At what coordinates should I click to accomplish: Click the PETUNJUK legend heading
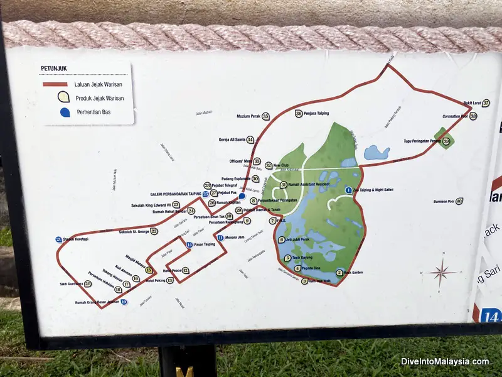pyautogui.click(x=54, y=68)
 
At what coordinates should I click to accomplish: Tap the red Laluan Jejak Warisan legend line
pyautogui.click(x=55, y=84)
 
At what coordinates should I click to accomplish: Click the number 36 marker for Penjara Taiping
pyautogui.click(x=299, y=114)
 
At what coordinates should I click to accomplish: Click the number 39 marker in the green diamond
pyautogui.click(x=446, y=141)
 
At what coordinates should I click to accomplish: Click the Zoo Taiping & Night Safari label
pyautogui.click(x=376, y=190)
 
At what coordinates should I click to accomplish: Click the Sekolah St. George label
pyautogui.click(x=134, y=231)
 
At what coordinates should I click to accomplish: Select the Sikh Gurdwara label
pyautogui.click(x=71, y=284)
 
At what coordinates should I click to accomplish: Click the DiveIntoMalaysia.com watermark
pyautogui.click(x=445, y=361)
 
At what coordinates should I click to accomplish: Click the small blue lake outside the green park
pyautogui.click(x=376, y=153)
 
